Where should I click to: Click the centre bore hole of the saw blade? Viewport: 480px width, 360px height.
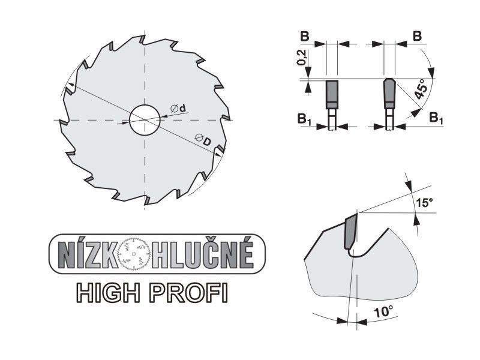point(145,120)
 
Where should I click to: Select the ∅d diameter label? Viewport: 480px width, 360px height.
point(179,109)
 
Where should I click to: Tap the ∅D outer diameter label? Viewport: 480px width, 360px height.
point(203,140)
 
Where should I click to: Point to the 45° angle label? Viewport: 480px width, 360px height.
point(421,89)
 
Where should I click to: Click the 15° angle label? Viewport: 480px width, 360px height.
point(424,202)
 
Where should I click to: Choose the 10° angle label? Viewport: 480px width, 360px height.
point(383,312)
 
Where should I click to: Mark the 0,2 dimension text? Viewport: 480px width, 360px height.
point(302,58)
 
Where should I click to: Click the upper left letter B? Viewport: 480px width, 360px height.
point(304,37)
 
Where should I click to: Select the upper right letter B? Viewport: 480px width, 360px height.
point(417,36)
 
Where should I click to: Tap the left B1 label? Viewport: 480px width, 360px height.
point(304,119)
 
